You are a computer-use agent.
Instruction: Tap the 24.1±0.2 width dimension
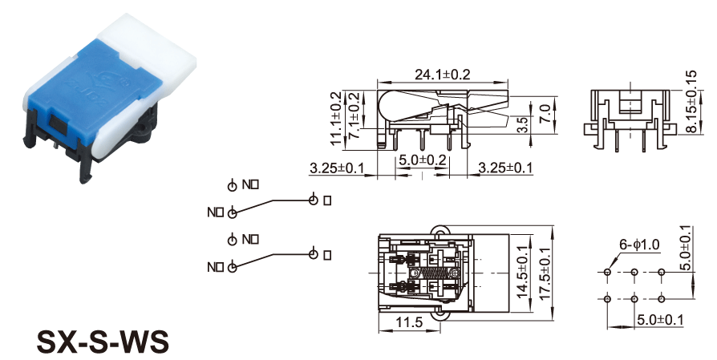[x=442, y=75]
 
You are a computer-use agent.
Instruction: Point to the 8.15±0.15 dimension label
[x=691, y=105]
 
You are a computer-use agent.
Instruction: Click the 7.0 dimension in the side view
[x=545, y=110]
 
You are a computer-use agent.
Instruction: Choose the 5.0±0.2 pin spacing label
[x=422, y=160]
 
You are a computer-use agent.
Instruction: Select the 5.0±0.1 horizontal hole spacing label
[x=661, y=321]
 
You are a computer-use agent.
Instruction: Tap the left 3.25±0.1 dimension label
[x=336, y=168]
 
